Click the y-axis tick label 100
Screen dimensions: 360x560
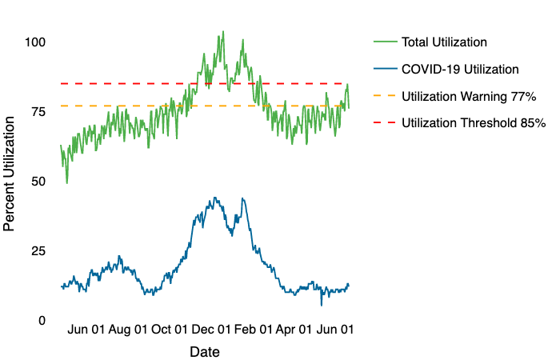coord(34,42)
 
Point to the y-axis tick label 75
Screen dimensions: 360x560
coord(38,111)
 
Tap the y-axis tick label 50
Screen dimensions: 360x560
coord(38,181)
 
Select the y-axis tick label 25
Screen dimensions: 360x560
coord(38,250)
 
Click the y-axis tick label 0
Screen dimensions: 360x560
coord(41,320)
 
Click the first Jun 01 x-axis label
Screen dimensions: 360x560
coord(87,329)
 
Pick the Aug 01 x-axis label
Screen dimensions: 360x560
coord(128,329)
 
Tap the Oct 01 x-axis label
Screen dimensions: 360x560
coord(170,329)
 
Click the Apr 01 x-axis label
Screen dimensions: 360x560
coord(294,329)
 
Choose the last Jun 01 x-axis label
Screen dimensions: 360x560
coord(335,329)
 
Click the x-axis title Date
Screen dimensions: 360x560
coord(205,351)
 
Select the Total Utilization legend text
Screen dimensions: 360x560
coord(444,42)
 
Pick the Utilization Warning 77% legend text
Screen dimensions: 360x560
coord(468,96)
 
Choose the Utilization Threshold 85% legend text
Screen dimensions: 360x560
coord(473,123)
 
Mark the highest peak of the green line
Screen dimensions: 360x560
coord(223,32)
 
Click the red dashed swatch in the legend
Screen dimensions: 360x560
coord(384,123)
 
